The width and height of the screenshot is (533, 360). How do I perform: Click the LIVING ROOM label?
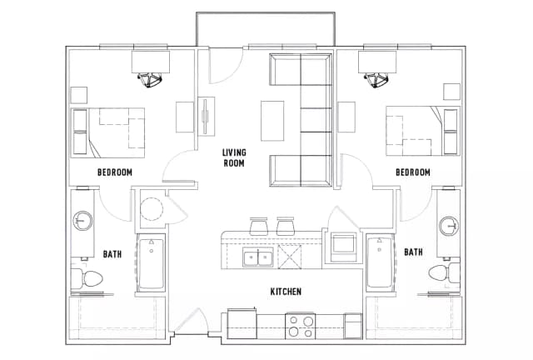coord(233,157)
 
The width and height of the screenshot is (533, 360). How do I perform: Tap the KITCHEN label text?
coord(285,292)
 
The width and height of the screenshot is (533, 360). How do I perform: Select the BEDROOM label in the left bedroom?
coord(115,172)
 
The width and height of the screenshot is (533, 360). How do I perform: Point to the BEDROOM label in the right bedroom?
coord(412,172)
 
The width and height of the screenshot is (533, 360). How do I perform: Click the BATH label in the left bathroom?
coord(113,252)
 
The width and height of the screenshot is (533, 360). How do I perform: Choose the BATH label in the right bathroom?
coord(413,251)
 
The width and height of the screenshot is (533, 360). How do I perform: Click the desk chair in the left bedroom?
coord(151,79)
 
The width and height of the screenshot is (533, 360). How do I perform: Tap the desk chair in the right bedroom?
coord(375,79)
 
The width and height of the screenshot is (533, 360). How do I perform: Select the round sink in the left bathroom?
coord(82,222)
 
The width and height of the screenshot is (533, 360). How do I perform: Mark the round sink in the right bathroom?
coord(449,225)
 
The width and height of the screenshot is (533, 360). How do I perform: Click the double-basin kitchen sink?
coord(257,257)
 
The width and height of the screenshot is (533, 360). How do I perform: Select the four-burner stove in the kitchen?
coord(301,325)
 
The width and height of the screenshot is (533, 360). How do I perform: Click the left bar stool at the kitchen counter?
coord(257,225)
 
